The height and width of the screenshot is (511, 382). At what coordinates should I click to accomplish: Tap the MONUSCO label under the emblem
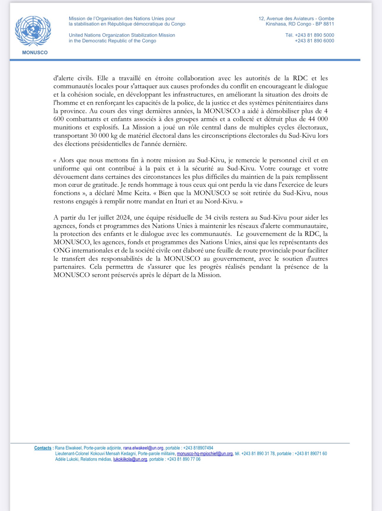[x=35, y=52]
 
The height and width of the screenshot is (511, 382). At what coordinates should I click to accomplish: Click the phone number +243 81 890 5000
[x=314, y=35]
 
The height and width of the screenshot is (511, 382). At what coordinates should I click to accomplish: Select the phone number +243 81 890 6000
[x=314, y=41]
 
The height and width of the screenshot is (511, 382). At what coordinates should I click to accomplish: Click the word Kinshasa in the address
[x=276, y=24]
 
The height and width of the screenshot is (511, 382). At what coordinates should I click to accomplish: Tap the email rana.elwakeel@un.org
[x=143, y=448]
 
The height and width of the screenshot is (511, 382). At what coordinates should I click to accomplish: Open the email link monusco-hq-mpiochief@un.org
[x=205, y=454]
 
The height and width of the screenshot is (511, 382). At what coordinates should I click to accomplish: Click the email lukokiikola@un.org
[x=130, y=459]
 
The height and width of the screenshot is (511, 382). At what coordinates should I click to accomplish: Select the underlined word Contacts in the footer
[x=43, y=448]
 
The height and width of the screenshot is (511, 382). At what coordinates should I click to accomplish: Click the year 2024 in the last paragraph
[x=123, y=218]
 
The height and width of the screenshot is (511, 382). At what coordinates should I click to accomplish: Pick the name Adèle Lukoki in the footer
[x=67, y=459]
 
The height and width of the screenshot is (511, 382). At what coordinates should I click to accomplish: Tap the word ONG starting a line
[x=62, y=250]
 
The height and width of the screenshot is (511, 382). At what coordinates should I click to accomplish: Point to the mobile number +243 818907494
[x=198, y=448]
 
